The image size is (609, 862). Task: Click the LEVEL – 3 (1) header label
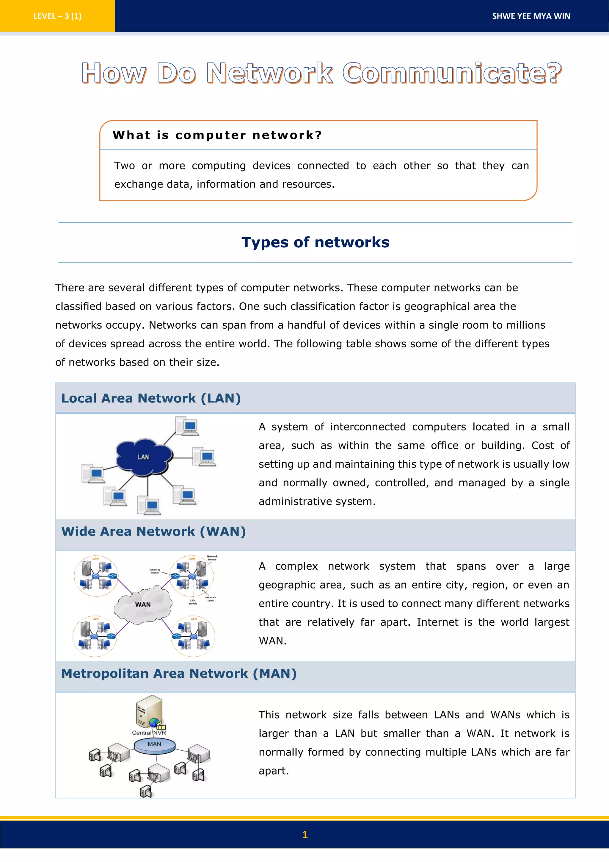57,16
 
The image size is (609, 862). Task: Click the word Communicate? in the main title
452,73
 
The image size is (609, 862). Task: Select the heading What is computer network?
217,135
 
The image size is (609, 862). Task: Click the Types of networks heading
315,242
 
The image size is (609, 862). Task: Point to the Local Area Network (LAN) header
151,398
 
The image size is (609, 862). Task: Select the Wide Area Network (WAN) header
153,531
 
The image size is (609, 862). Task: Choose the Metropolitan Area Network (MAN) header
179,674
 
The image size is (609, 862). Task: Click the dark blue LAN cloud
144,457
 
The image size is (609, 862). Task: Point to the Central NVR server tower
149,711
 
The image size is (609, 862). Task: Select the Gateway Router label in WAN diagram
155,571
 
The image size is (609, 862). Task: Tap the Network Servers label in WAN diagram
212,558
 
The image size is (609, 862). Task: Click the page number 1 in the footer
305,835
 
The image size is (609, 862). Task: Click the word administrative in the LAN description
295,501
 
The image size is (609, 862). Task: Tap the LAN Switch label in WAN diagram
193,602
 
